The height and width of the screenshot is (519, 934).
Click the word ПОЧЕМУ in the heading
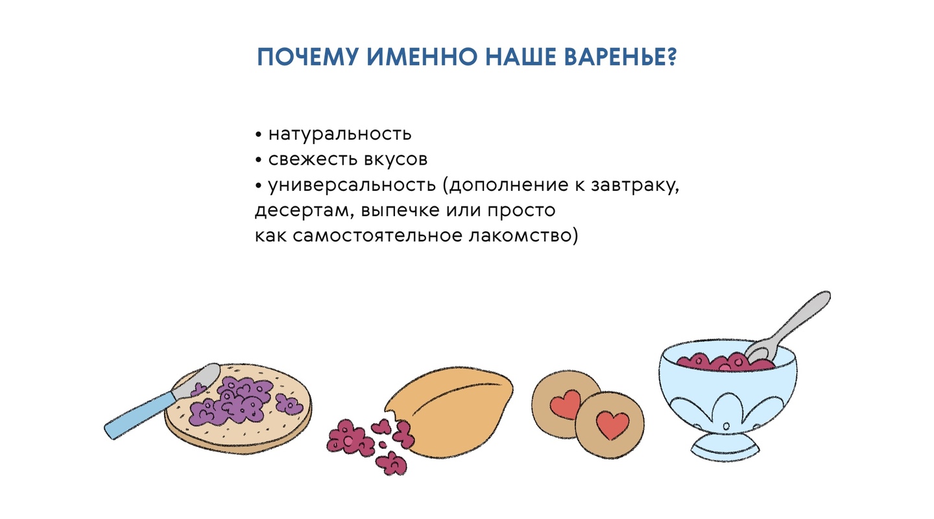pos(307,56)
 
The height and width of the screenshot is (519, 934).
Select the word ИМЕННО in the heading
pos(422,56)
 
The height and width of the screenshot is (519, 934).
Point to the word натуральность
pos(340,134)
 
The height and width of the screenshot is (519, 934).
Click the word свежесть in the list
pos(313,160)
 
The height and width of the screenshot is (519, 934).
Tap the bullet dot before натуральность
pos(259,135)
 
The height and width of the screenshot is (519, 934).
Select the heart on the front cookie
pos(612,425)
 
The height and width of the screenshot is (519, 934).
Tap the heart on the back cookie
pos(566,404)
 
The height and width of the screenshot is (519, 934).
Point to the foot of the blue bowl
pos(725,446)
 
